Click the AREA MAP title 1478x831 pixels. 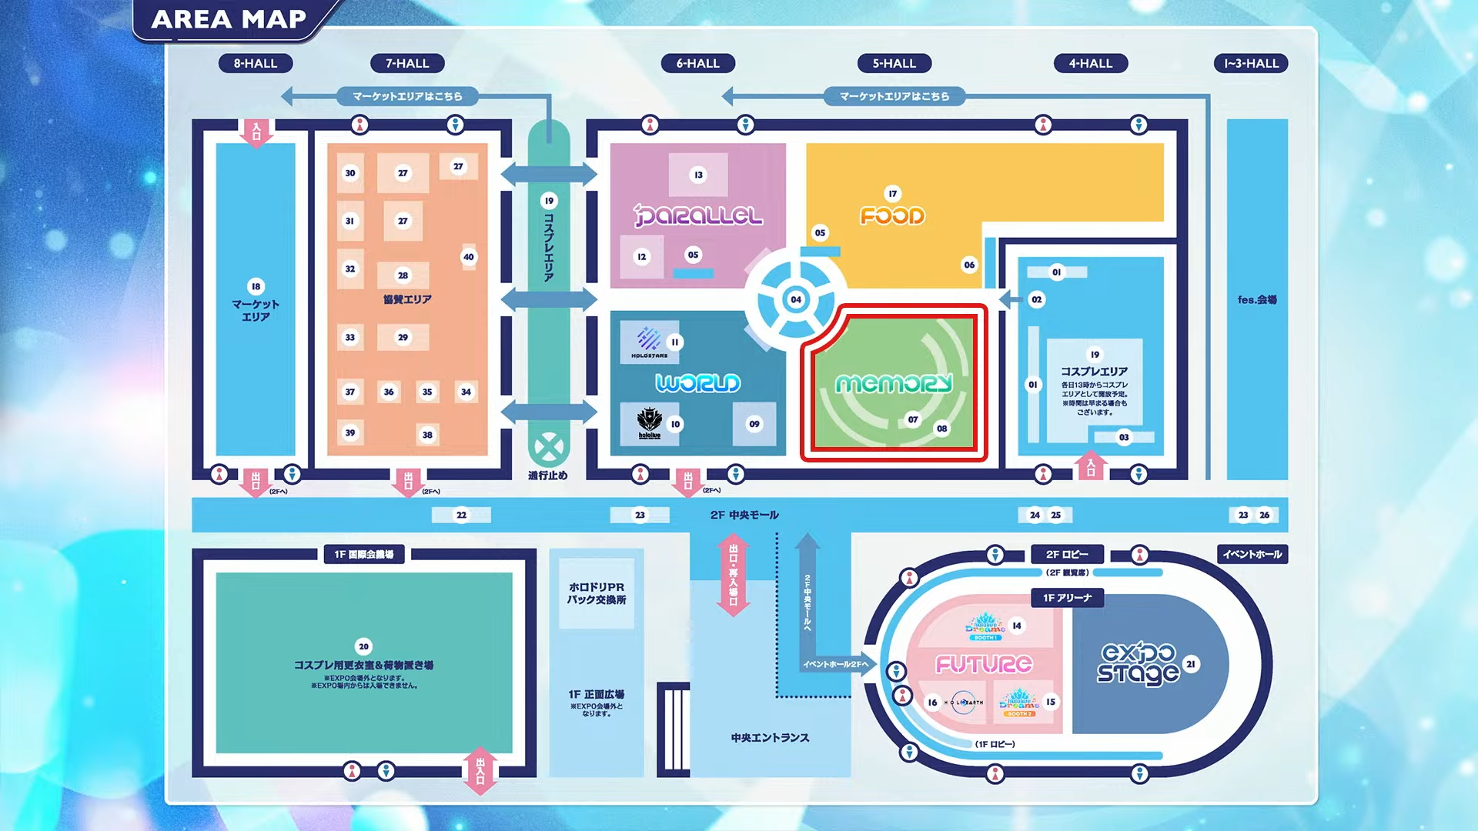[229, 19]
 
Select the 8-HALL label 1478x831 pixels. [255, 63]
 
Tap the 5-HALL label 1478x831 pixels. [894, 63]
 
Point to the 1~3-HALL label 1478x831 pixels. [1251, 63]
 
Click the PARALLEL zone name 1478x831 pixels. [697, 215]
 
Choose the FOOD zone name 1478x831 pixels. [892, 215]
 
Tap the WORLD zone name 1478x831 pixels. [697, 382]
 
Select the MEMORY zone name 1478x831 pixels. [894, 383]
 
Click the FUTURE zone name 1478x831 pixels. [984, 664]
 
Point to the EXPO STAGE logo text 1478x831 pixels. [1138, 663]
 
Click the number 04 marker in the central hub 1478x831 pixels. [796, 299]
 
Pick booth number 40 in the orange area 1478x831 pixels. [468, 257]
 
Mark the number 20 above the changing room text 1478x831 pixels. [364, 646]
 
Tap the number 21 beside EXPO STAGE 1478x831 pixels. [1191, 664]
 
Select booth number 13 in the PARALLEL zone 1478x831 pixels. [698, 175]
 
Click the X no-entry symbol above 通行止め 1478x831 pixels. [548, 446]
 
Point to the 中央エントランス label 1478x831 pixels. [770, 738]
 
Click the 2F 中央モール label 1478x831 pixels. [744, 515]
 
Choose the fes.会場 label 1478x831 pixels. [1256, 299]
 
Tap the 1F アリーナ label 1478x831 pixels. [1067, 598]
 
